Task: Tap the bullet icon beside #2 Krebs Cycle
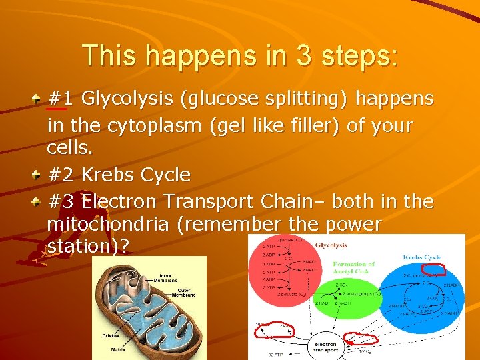(x=35, y=175)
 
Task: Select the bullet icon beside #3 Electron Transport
(x=35, y=201)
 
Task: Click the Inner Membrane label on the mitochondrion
(x=167, y=279)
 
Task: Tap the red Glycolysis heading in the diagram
(x=330, y=245)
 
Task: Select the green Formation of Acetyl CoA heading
(x=354, y=267)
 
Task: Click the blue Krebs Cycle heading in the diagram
(x=421, y=257)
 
